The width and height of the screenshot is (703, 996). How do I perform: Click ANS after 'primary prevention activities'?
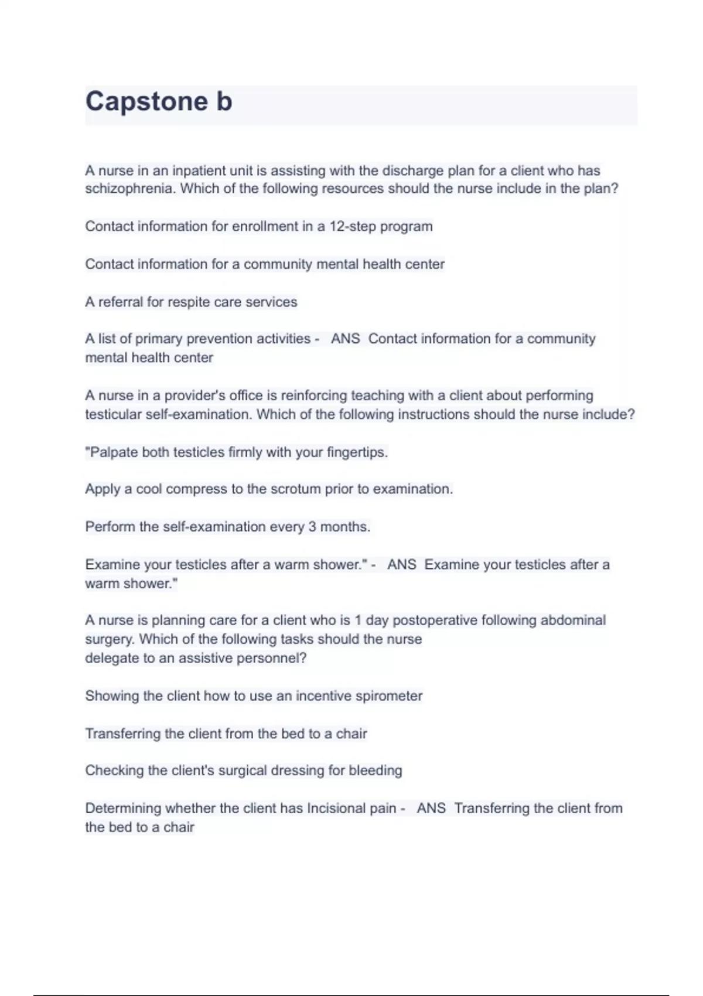pyautogui.click(x=345, y=339)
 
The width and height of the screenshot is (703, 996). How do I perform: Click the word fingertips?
pyautogui.click(x=357, y=453)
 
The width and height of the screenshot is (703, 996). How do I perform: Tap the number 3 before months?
pyautogui.click(x=312, y=527)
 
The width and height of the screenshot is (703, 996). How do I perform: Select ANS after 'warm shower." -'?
pyautogui.click(x=401, y=565)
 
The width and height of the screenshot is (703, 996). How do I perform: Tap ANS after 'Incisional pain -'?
pyautogui.click(x=431, y=809)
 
